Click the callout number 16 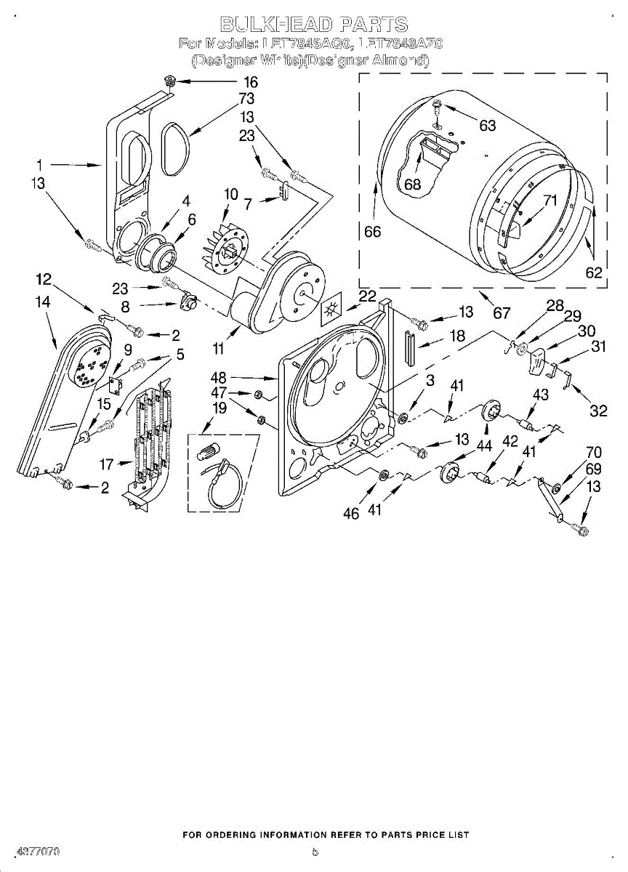[250, 83]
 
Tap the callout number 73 [246, 99]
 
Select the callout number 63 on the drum [487, 126]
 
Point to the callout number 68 [413, 185]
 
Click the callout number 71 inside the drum [549, 201]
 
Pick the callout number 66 [372, 233]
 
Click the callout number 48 [218, 378]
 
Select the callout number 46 [351, 513]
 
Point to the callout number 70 [593, 453]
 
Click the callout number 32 [597, 411]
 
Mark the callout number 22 [367, 296]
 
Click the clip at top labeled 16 [169, 81]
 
